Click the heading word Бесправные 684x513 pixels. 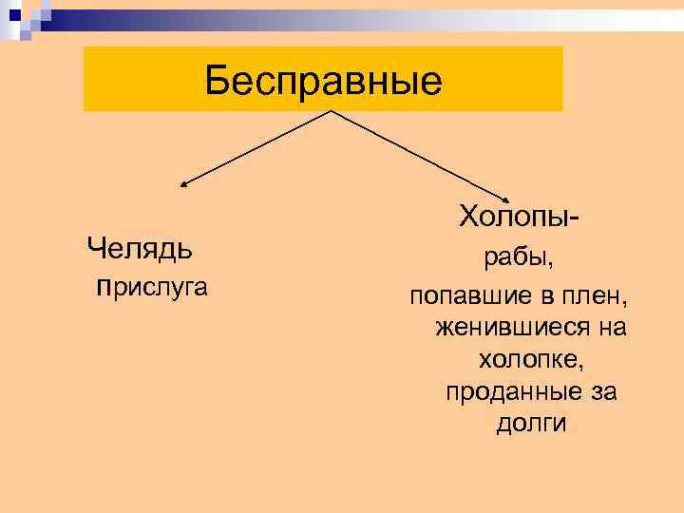pos(324,82)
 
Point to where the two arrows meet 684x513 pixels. pos(331,111)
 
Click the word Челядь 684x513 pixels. pos(140,249)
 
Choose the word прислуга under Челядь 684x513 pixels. pos(152,286)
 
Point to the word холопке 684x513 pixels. pos(530,360)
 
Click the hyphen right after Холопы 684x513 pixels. pos(577,218)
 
